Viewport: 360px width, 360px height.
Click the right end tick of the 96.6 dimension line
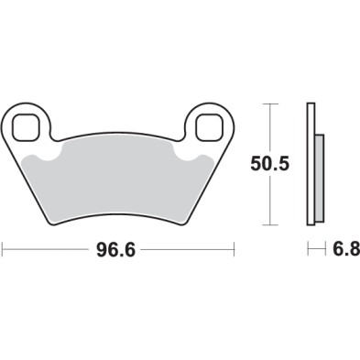click(235, 248)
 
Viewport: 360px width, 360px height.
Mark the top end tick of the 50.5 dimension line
click(268, 104)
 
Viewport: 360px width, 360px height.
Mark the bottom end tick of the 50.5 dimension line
click(268, 224)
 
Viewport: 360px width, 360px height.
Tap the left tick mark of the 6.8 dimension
click(307, 248)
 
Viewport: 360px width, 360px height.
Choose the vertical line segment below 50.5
click(268, 202)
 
